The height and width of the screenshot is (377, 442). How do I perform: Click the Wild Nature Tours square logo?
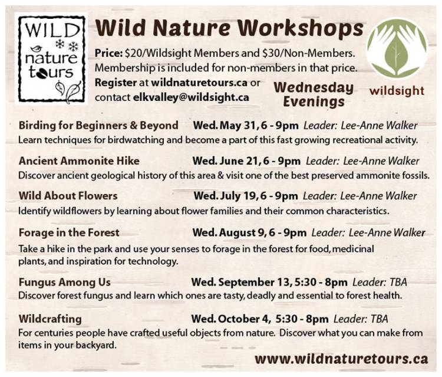pos(51,58)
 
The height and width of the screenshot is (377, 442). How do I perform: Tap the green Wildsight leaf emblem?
pos(397,48)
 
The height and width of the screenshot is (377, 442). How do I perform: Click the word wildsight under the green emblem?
pos(397,91)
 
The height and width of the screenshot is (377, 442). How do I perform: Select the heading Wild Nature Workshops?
pos(229,28)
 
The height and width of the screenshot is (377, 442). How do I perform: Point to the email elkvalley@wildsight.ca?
pos(191,97)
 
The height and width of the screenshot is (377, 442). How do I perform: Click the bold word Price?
pos(108,53)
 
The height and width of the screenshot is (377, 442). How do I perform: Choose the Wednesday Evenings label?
pos(314,95)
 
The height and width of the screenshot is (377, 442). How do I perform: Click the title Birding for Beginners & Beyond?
pos(98,125)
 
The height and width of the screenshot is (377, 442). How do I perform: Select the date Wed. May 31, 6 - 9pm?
pos(246,126)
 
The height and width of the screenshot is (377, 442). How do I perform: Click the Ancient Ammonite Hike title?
pos(79,161)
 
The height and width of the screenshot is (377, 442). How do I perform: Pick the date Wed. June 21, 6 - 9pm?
pos(246,161)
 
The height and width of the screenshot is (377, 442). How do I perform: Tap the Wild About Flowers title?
pos(68,196)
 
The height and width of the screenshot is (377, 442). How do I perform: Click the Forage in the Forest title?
pos(69,232)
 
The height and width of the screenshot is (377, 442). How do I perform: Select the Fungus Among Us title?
pos(65,282)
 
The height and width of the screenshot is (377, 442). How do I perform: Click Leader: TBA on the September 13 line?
pos(380,282)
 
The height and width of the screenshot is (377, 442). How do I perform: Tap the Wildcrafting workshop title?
pos(50,319)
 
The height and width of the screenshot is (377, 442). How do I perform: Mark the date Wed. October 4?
pos(230,319)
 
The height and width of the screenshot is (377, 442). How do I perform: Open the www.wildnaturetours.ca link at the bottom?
pos(341,359)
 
